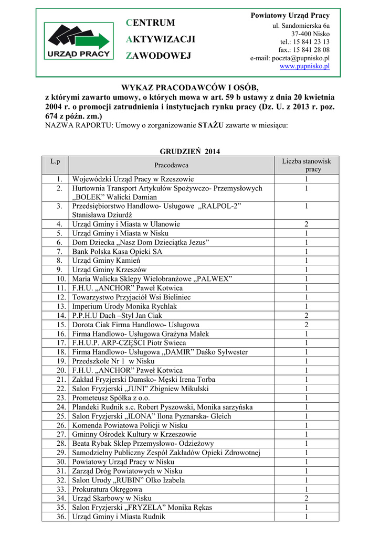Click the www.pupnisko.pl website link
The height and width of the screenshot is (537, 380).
pyautogui.click(x=304, y=67)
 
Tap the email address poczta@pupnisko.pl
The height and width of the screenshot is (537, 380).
pyautogui.click(x=290, y=58)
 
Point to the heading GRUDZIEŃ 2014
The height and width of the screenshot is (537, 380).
pyautogui.click(x=190, y=152)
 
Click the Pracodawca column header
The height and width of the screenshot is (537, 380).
pyautogui.click(x=171, y=165)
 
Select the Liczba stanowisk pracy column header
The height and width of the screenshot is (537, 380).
pyautogui.click(x=307, y=165)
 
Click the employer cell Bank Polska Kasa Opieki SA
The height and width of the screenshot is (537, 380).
pyautogui.click(x=117, y=251)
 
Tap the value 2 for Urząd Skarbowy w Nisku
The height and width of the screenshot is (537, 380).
pyautogui.click(x=307, y=498)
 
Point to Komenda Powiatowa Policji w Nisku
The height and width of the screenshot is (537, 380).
pyautogui.click(x=130, y=425)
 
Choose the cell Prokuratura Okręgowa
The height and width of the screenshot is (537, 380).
pyautogui.click(x=107, y=489)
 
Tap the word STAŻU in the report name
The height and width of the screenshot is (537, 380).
pyautogui.click(x=209, y=125)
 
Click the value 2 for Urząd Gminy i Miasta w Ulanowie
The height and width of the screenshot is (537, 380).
pyautogui.click(x=307, y=224)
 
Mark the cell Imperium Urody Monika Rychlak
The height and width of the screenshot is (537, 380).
pyautogui.click(x=124, y=306)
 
